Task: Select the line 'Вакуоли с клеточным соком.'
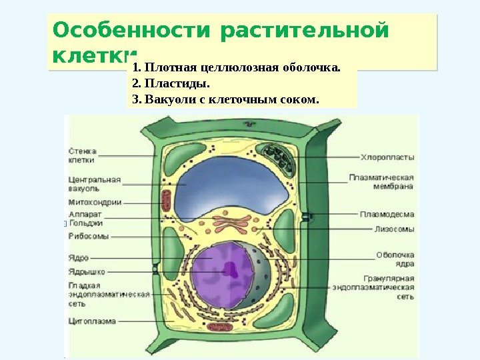pos(226,100)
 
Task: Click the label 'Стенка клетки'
pos(81,155)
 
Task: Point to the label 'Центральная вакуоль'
pos(94,184)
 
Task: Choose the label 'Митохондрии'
pos(95,202)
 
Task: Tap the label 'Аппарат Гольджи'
pos(85,219)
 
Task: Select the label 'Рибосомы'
pos(89,236)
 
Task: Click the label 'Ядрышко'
pos(85,271)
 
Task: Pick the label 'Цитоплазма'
pos(92,321)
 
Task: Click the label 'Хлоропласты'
pos(387,158)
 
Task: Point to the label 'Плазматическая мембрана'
pos(382,182)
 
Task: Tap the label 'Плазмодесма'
pos(387,215)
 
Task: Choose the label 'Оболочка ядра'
pos(395,259)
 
